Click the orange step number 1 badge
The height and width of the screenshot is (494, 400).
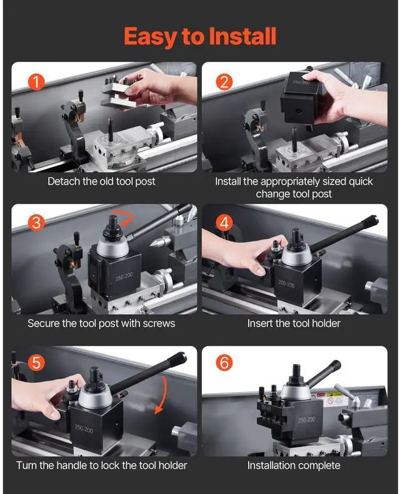pyautogui.click(x=36, y=82)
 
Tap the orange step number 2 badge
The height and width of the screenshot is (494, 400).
pyautogui.click(x=224, y=82)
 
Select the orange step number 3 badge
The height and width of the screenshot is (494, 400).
pyautogui.click(x=36, y=223)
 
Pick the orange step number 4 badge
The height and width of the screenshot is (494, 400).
pyautogui.click(x=224, y=223)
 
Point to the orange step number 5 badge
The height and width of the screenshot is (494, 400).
pyautogui.click(x=36, y=363)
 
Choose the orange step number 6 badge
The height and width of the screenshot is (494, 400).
pyautogui.click(x=224, y=363)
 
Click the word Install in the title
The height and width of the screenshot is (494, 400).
pyautogui.click(x=242, y=36)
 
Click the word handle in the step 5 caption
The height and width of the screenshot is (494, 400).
pyautogui.click(x=72, y=465)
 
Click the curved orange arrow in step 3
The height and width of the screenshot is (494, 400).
pyautogui.click(x=125, y=217)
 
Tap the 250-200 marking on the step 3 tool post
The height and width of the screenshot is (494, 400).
pyautogui.click(x=124, y=276)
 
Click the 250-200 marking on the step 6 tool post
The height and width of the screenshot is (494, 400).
pyautogui.click(x=306, y=420)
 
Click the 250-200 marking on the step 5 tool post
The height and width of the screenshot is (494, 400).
pyautogui.click(x=84, y=429)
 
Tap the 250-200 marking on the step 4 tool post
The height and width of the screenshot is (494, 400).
pyautogui.click(x=286, y=284)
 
